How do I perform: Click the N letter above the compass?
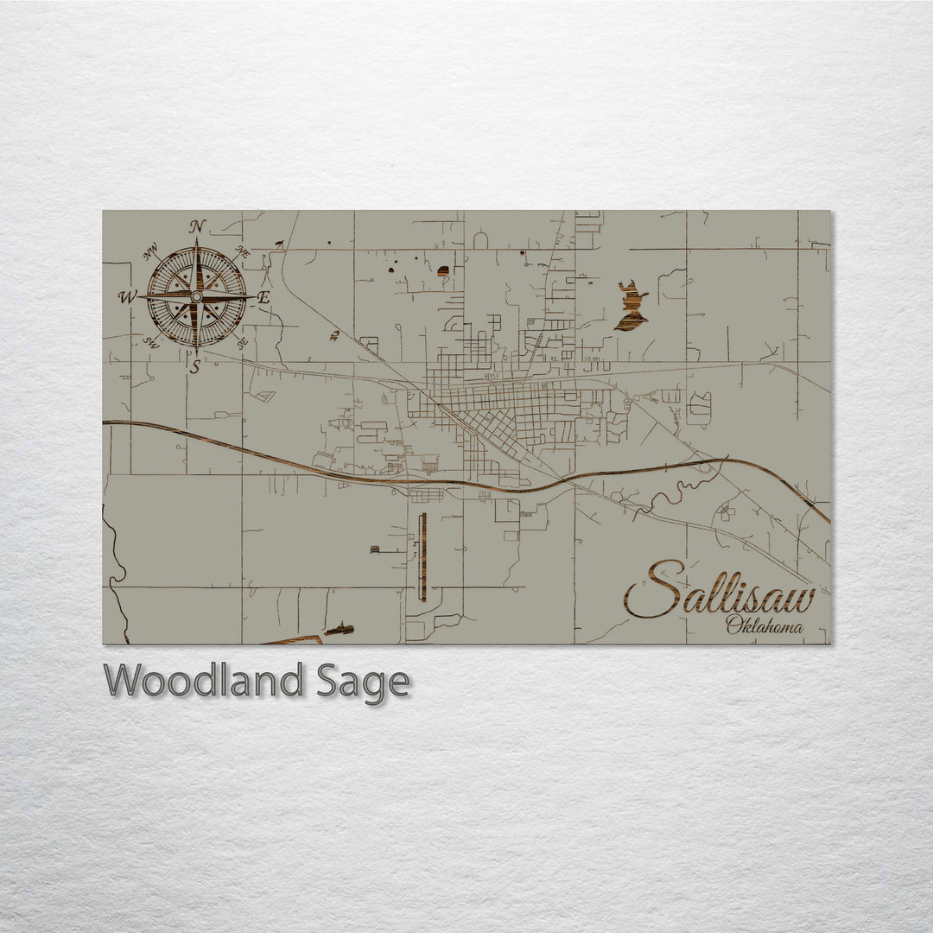198,226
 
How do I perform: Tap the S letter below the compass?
195,367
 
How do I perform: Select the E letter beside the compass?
264,297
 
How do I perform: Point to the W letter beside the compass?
127,297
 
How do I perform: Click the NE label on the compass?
243,253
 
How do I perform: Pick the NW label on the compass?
151,252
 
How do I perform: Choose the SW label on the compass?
150,341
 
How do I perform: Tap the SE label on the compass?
242,343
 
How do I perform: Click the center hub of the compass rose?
197,296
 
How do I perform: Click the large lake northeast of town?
632,309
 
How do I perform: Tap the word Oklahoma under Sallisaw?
764,626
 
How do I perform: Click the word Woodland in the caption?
204,682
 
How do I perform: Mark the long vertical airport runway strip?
422,557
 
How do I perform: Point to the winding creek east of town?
674,492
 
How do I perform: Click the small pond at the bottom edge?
339,629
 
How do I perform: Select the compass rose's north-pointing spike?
198,263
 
